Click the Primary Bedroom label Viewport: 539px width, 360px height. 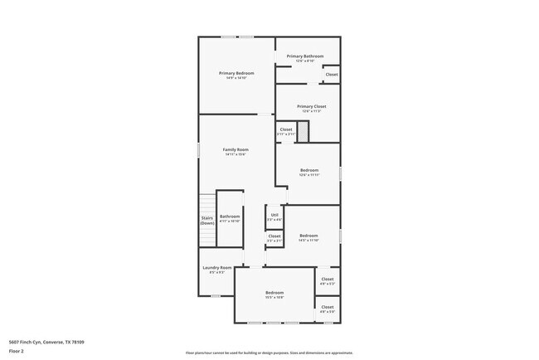coord(236,73)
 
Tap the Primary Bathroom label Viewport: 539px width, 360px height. coord(305,56)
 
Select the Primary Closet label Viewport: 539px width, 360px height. coord(312,106)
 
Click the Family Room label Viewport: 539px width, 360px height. coord(236,149)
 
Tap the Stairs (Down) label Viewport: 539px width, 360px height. coord(207,221)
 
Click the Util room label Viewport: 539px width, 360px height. coord(274,216)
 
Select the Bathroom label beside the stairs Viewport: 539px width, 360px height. coord(230,216)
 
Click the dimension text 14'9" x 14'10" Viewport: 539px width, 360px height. coord(236,79)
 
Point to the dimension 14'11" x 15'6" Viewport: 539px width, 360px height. coord(236,155)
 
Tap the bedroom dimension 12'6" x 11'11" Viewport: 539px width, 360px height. coord(309,175)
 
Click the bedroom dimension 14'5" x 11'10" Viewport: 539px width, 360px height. coord(308,241)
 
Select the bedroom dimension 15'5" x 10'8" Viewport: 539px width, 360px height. coord(274,297)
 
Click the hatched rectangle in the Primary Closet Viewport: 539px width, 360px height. coord(303,131)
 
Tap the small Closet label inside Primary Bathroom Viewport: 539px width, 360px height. coord(331,75)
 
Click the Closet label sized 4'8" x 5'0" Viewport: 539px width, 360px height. coord(328,307)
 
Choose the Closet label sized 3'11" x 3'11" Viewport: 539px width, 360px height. coord(285,129)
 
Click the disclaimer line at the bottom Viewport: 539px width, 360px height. coord(269,352)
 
